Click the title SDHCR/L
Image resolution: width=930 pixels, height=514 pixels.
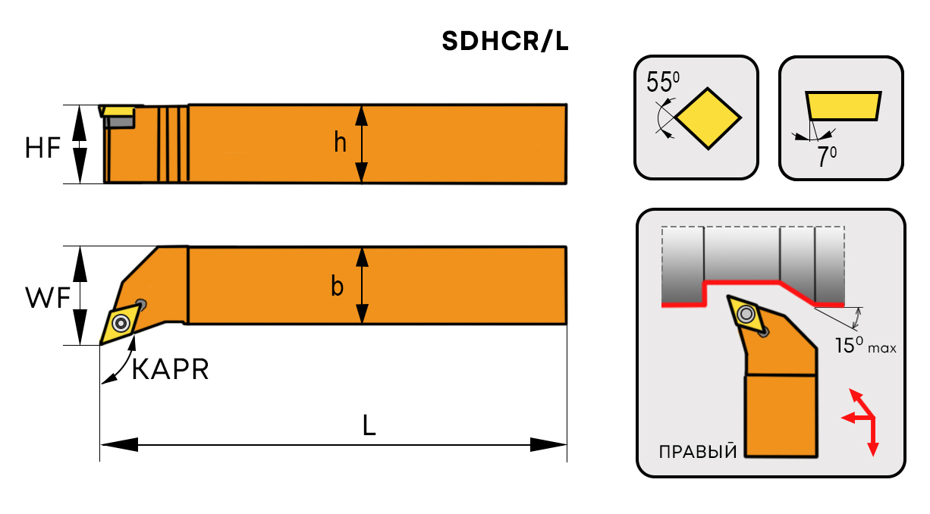pyautogui.click(x=505, y=42)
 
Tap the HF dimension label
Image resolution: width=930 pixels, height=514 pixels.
pyautogui.click(x=42, y=149)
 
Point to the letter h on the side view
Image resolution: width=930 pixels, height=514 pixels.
pyautogui.click(x=341, y=142)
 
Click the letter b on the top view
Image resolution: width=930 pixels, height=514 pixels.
pyautogui.click(x=337, y=287)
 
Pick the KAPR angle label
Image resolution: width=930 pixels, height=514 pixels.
pyautogui.click(x=170, y=370)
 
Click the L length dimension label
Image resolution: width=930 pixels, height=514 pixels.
pyautogui.click(x=369, y=426)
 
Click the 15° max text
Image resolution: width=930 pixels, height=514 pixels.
pyautogui.click(x=865, y=346)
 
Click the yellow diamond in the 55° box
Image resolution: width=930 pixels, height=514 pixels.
pyautogui.click(x=708, y=118)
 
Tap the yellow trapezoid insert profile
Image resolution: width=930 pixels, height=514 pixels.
pyautogui.click(x=843, y=105)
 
